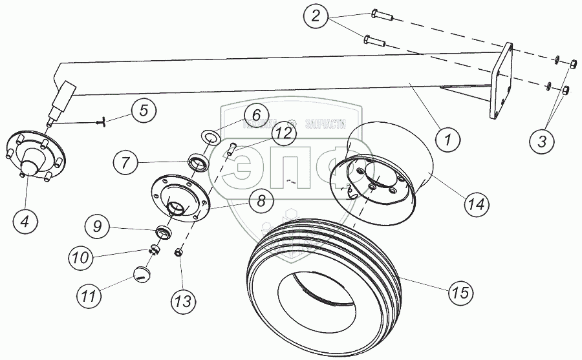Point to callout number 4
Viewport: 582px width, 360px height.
click(25, 221)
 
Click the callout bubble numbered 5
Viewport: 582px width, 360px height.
click(144, 111)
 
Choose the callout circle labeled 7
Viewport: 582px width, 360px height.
click(125, 160)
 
